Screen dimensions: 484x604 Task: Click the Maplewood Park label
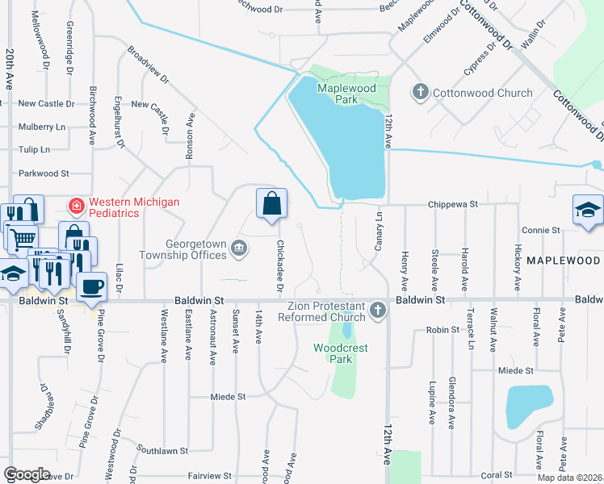(337, 93)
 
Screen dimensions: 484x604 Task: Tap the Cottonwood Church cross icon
(419, 93)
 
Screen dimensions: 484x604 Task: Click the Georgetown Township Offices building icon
(239, 248)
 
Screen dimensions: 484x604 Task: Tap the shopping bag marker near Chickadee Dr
(272, 204)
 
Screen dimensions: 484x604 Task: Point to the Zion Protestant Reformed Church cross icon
(376, 311)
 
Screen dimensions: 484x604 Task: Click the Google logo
(27, 474)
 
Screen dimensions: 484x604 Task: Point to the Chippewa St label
(455, 205)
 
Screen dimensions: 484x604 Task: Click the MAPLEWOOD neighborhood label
(564, 261)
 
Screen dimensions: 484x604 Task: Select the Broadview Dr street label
(149, 65)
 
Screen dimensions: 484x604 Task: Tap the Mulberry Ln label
(41, 127)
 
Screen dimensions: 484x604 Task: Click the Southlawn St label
(161, 449)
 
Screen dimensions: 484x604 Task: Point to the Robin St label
(443, 330)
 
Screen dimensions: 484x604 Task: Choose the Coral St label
(497, 475)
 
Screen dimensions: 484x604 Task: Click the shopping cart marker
(22, 236)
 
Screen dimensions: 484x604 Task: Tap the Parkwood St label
(44, 173)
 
